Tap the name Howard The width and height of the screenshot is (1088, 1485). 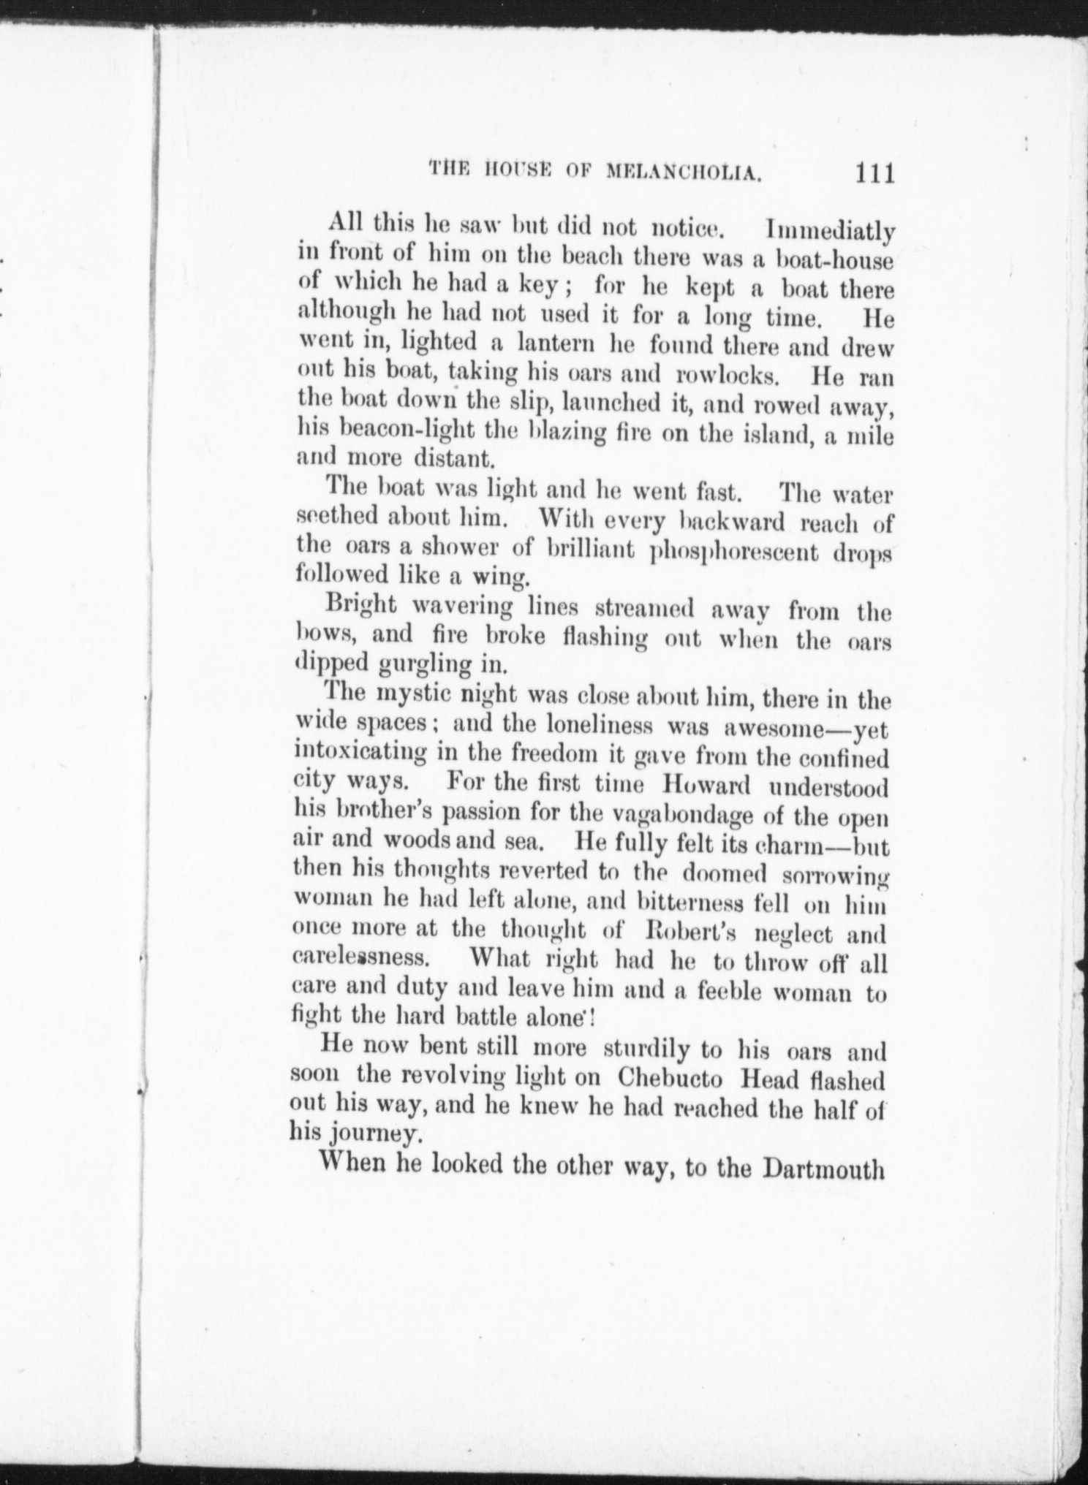(x=706, y=786)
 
